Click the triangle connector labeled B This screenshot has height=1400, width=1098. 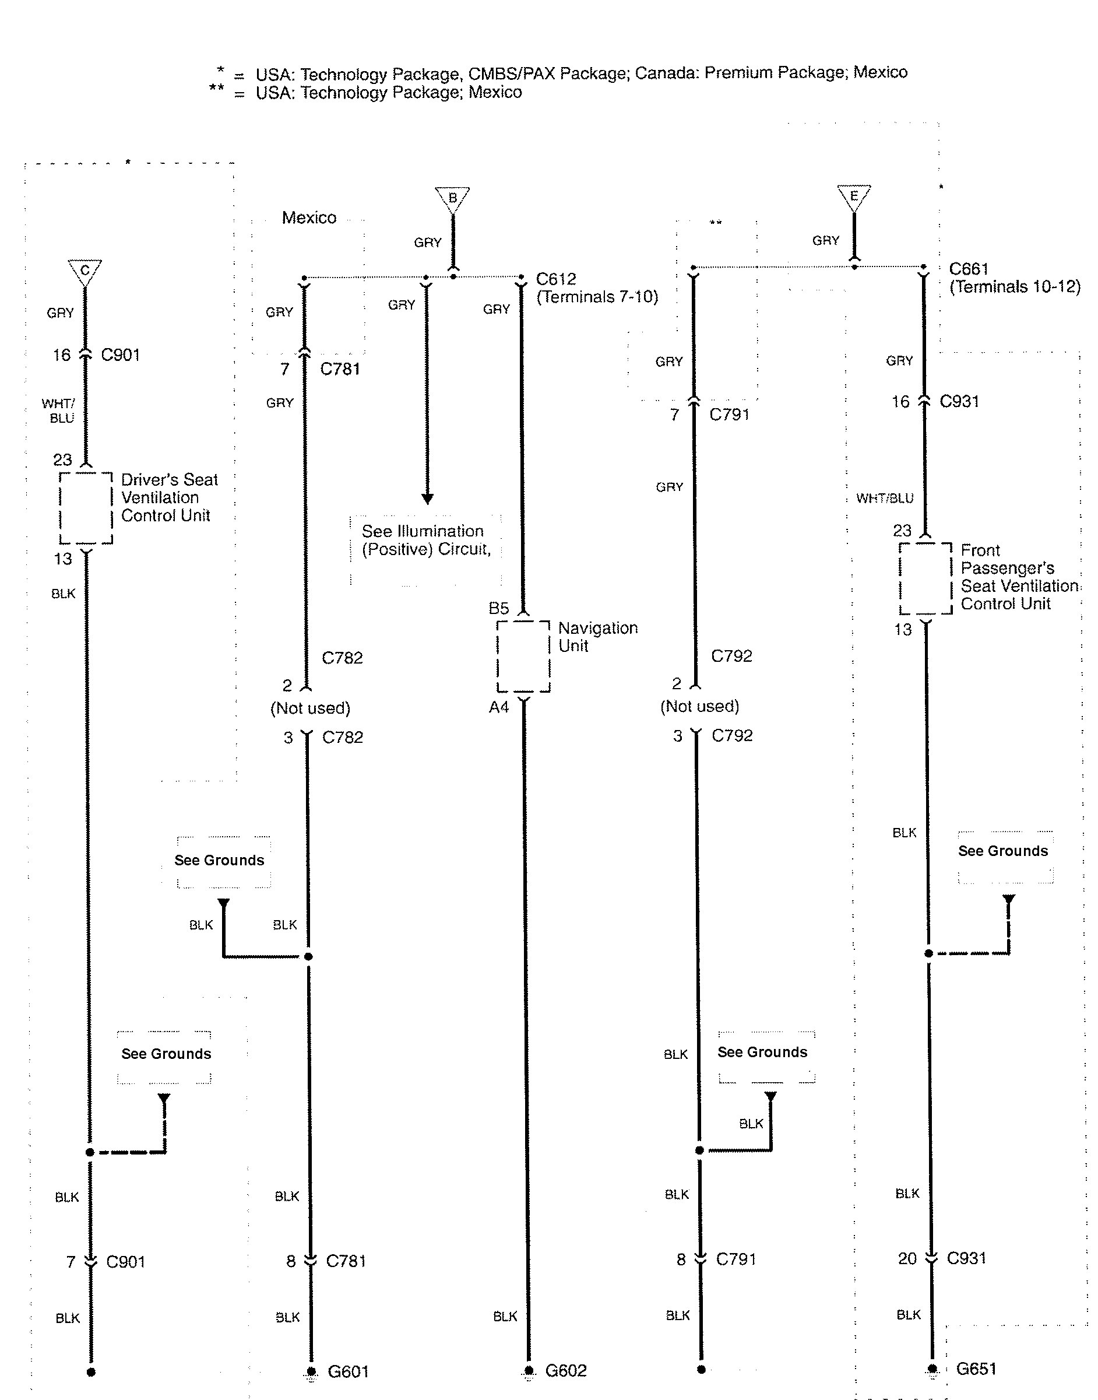click(x=453, y=198)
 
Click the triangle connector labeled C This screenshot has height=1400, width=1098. click(x=85, y=271)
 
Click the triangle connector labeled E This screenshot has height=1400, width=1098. click(x=854, y=196)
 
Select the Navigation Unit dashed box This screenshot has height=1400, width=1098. click(x=523, y=656)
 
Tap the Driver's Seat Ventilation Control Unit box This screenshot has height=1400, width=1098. click(x=86, y=508)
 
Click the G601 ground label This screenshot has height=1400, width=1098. click(x=348, y=1371)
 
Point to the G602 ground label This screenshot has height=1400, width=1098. click(x=566, y=1370)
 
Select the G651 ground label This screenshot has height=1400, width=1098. click(x=976, y=1369)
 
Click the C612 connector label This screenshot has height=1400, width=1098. click(x=556, y=279)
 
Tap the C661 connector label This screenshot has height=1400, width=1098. click(x=969, y=269)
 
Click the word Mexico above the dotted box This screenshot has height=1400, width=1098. click(x=309, y=217)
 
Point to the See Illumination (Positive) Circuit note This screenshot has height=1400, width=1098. click(x=425, y=540)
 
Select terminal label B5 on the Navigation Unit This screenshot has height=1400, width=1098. click(x=499, y=608)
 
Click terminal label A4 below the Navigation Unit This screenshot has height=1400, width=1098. click(x=499, y=707)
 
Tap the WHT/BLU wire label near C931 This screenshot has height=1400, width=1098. click(x=885, y=498)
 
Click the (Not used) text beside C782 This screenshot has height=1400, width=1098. click(x=310, y=708)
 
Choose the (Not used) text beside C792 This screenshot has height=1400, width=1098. click(x=699, y=706)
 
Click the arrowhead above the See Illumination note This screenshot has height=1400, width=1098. click(x=427, y=499)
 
